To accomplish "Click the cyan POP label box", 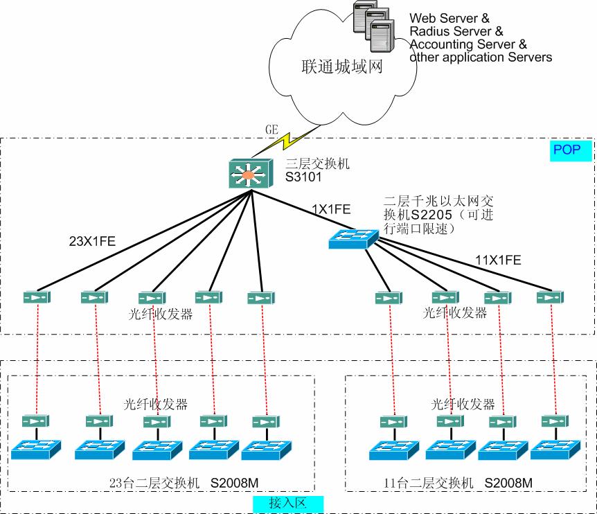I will (x=571, y=150).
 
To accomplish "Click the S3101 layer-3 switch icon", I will (x=248, y=172).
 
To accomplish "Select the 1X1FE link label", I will (x=331, y=208).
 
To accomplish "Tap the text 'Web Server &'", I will (x=449, y=18).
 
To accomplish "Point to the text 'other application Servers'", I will (x=481, y=57).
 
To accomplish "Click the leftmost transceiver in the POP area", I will (x=35, y=297).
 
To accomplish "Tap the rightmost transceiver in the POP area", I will (x=550, y=298).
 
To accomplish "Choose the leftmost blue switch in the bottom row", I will (x=35, y=449).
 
